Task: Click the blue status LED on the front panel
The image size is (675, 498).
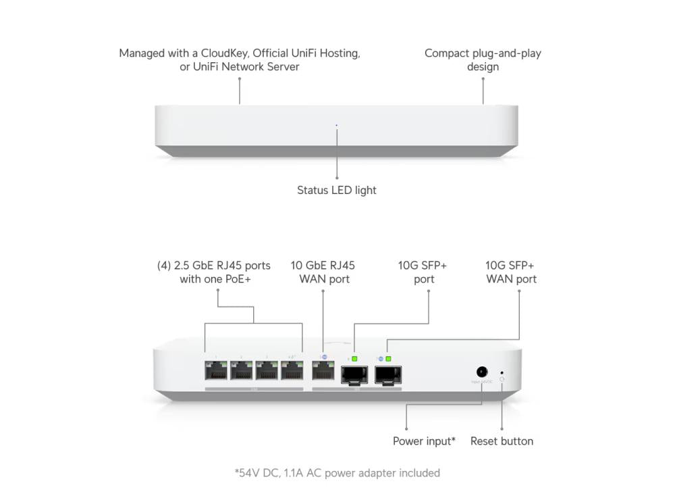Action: (337, 125)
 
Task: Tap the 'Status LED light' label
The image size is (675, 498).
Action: (337, 191)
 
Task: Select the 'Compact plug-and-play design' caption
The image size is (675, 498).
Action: (483, 59)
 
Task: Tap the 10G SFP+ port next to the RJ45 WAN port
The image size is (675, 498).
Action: (354, 374)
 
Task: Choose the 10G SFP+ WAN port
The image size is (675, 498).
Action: (387, 374)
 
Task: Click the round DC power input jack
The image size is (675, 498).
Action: (482, 372)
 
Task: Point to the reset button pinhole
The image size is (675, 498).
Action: (501, 372)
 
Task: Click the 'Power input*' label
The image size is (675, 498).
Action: (424, 441)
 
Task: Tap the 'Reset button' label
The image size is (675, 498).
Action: (502, 441)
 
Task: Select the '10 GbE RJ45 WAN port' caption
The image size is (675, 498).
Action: (323, 272)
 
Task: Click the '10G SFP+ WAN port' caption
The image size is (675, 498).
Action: (511, 272)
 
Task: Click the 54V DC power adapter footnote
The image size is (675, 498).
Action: (337, 473)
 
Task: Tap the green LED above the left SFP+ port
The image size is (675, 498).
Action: (354, 358)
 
